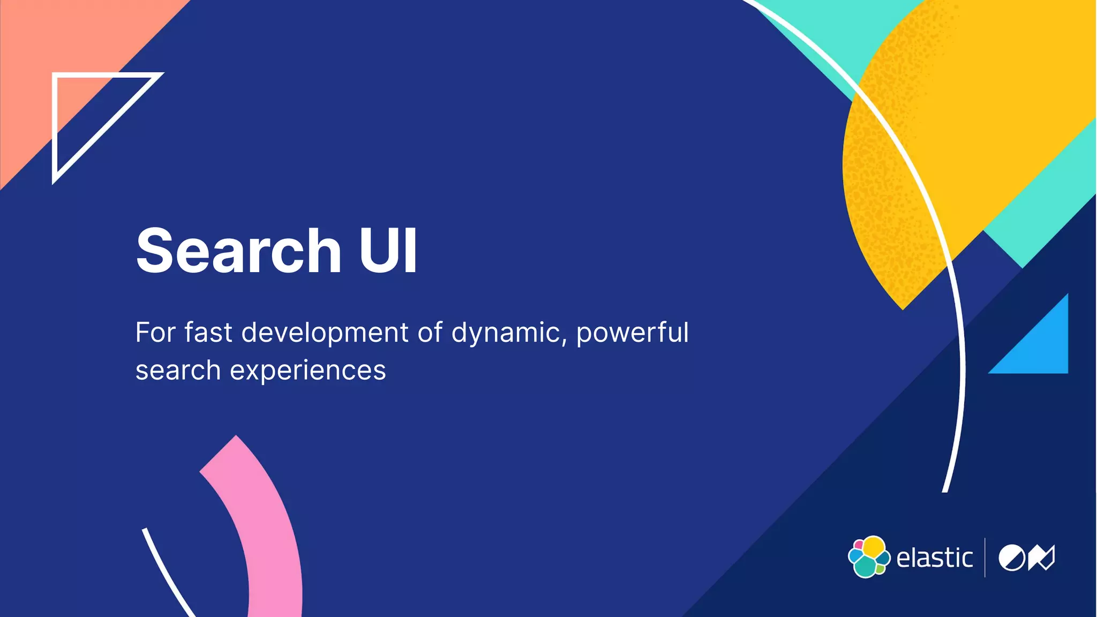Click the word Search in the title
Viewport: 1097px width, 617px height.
coord(238,250)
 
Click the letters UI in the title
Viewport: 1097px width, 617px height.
coord(388,250)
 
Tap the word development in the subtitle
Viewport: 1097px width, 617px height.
coord(325,333)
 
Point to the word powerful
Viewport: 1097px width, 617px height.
coord(632,334)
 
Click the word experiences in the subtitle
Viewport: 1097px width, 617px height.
coord(308,371)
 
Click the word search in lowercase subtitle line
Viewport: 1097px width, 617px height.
coord(178,371)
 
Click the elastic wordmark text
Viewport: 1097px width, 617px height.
coord(934,558)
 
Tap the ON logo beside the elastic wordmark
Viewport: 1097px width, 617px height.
coord(1026,558)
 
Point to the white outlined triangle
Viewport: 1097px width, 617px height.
coord(80,107)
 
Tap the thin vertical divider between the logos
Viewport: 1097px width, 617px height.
coord(985,558)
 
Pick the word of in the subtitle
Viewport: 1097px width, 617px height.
coord(430,333)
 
